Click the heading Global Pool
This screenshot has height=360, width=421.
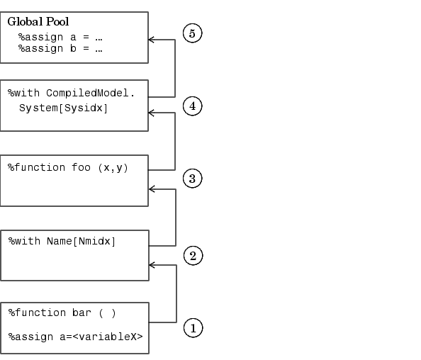(x=38, y=22)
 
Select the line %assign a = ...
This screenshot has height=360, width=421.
(x=60, y=37)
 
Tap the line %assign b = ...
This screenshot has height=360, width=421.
(x=60, y=49)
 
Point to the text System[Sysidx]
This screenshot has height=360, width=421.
(x=63, y=108)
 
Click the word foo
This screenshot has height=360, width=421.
(x=81, y=167)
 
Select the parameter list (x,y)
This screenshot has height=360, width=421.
(x=113, y=168)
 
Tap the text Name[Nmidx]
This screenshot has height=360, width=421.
(x=81, y=241)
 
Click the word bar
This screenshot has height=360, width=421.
(x=82, y=313)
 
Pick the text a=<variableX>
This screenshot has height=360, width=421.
(x=101, y=337)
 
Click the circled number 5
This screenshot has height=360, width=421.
(x=192, y=33)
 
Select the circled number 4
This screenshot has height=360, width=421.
(x=192, y=106)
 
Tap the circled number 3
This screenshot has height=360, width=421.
(x=192, y=179)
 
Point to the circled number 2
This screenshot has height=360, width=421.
(x=193, y=256)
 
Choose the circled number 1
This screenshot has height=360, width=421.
(x=193, y=328)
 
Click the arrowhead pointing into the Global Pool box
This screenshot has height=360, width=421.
(x=151, y=40)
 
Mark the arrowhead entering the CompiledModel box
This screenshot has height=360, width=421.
(x=151, y=113)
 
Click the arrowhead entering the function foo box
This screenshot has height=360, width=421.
(x=152, y=189)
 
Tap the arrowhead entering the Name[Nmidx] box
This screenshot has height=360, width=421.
(x=152, y=265)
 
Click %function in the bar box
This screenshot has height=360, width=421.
(x=37, y=313)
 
